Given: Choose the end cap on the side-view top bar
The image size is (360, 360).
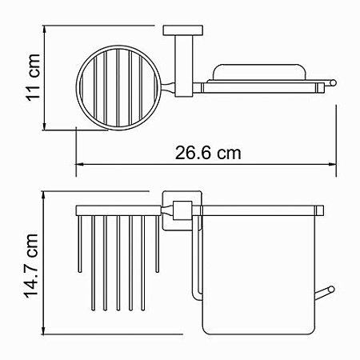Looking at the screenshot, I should pyautogui.click(x=321, y=210).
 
